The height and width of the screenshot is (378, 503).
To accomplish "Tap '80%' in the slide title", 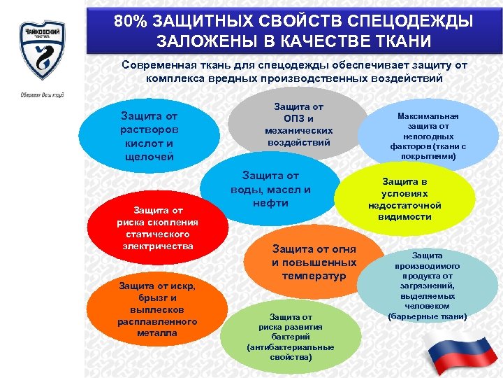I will tap(133, 21).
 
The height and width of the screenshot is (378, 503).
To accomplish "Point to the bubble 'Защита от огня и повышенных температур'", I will tap(314, 262).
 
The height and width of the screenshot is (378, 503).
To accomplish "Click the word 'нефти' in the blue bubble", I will tap(270, 203).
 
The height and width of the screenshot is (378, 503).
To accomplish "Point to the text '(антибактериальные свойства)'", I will tap(290, 351).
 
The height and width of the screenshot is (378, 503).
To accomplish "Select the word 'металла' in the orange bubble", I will tap(157, 333).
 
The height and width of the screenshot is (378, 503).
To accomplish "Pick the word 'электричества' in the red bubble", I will tap(157, 246).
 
